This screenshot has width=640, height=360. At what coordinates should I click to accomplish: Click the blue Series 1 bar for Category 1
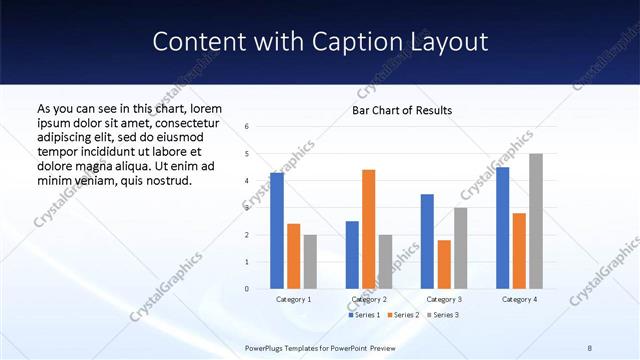(x=277, y=231)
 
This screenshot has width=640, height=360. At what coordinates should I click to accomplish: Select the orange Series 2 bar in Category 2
(x=368, y=229)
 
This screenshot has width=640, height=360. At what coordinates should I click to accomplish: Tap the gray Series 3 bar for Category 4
(x=536, y=221)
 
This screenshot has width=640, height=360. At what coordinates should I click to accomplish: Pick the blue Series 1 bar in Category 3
(x=427, y=241)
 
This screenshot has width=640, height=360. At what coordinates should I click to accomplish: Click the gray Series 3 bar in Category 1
(x=310, y=261)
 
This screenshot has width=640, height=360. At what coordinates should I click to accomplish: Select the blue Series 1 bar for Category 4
(x=502, y=228)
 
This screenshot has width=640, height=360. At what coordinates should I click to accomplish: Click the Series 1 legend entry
(x=364, y=315)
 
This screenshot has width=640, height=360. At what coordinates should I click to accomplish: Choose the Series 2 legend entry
(x=403, y=315)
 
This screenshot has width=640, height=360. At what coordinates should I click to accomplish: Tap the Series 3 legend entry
(x=443, y=315)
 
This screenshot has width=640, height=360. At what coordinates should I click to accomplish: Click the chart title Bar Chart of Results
(x=402, y=110)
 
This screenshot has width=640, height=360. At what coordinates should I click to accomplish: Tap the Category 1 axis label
(x=293, y=299)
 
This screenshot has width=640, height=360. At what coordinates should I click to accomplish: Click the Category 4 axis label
(x=518, y=299)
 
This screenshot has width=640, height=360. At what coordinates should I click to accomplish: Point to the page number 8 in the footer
(x=589, y=347)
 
